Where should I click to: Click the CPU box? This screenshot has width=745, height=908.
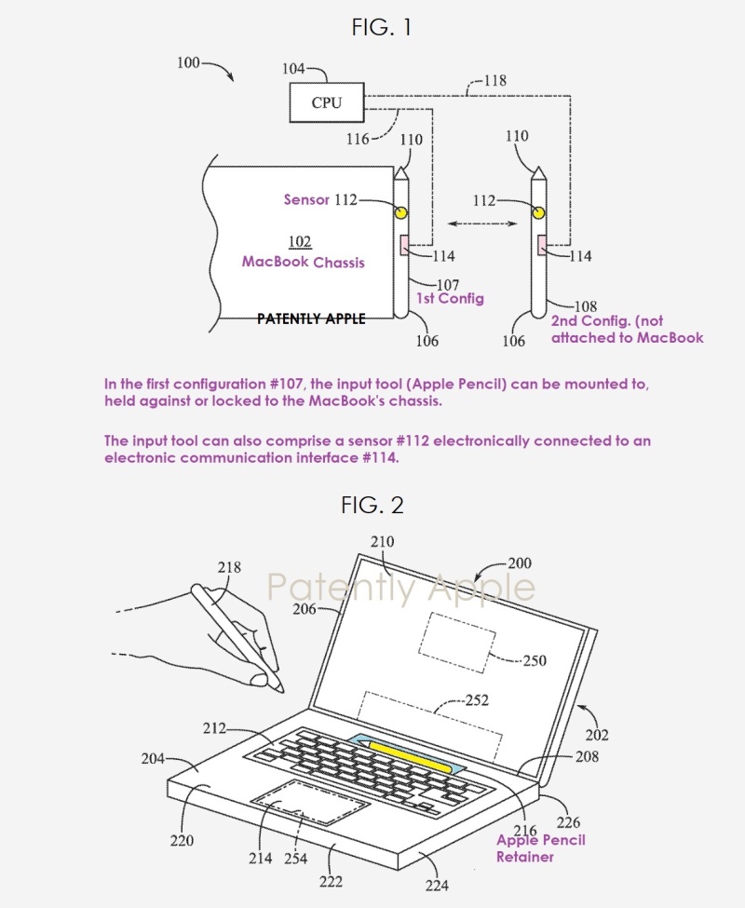coord(326,102)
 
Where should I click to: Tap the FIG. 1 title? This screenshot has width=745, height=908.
coord(381,28)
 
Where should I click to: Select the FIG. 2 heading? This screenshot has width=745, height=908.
coord(372,505)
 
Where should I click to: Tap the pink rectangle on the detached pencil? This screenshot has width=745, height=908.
coord(541,244)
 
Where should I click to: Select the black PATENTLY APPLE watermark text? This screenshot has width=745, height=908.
coord(311,318)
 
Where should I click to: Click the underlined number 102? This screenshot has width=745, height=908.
coord(300,242)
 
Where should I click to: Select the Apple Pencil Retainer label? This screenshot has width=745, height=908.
coord(540,847)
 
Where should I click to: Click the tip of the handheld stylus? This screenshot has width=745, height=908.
coord(280,690)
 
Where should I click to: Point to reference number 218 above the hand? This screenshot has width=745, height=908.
coord(229,567)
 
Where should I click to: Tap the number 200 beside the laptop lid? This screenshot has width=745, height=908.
coord(520,563)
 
